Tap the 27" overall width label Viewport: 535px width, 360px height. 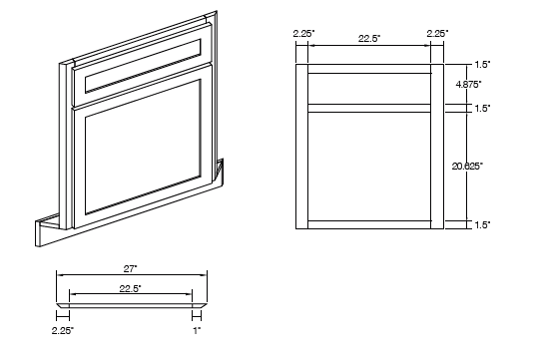[132, 267]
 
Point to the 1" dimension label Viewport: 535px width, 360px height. [197, 328]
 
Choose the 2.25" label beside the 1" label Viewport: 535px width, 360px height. [63, 328]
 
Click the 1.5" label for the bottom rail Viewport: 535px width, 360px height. [483, 225]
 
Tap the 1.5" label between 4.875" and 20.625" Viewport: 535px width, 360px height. [483, 108]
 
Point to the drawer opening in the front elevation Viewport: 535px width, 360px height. [369, 88]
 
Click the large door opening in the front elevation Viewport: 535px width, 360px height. [369, 166]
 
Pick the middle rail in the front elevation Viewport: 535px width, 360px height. [369, 109]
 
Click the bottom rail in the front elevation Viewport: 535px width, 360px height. [369, 224]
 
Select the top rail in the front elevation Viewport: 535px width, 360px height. [369, 69]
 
